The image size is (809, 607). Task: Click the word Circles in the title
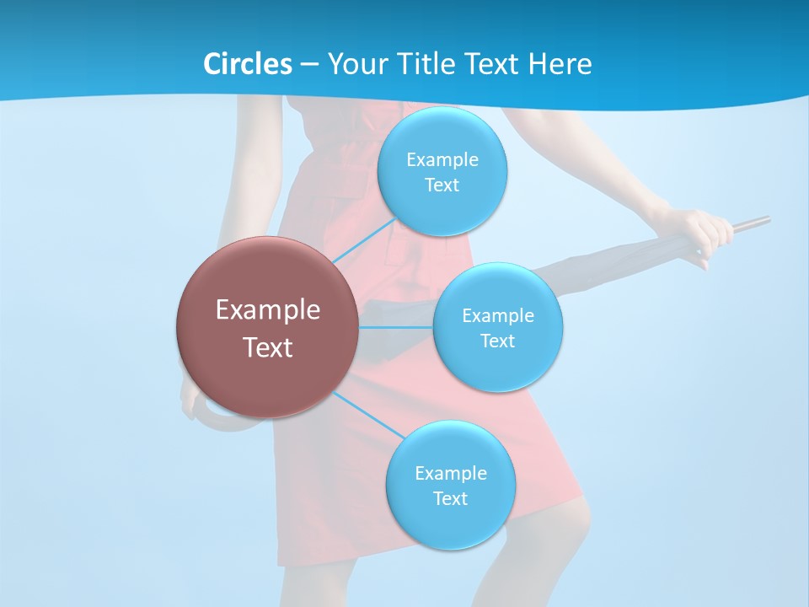point(247,64)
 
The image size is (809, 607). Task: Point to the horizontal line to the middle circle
point(396,327)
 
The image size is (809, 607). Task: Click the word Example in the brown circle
point(267,310)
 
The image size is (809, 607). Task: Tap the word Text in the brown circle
point(267,347)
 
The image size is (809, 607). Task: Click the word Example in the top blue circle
point(442,160)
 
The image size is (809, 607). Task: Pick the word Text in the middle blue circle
point(497,341)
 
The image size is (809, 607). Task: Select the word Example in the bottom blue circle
point(450,473)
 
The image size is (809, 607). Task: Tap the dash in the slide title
point(308,65)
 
